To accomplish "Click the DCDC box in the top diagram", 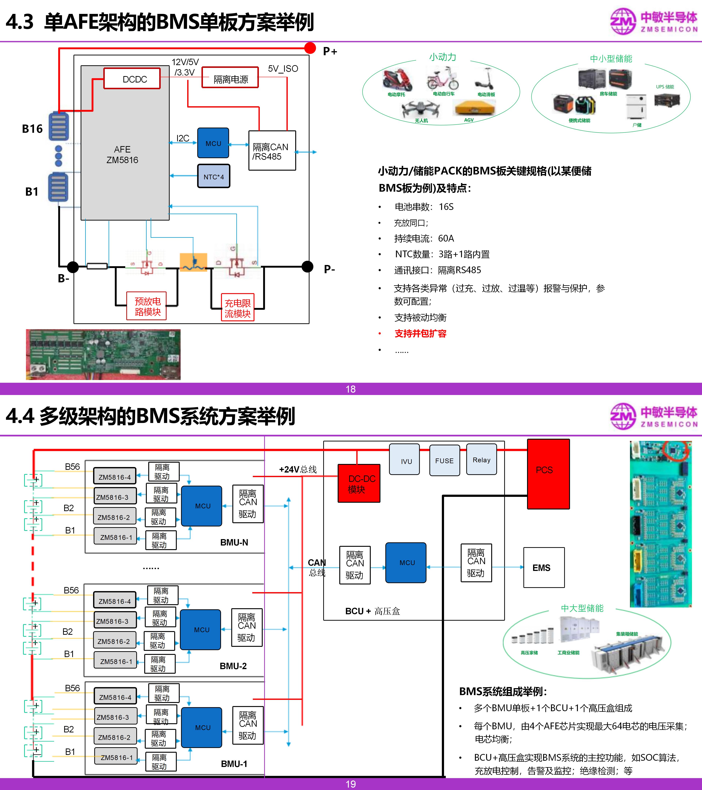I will [x=132, y=79].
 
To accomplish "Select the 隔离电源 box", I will [x=230, y=79].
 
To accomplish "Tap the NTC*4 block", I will [x=214, y=177].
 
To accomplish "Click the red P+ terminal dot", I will [x=310, y=48].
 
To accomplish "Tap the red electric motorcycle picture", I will [x=397, y=79].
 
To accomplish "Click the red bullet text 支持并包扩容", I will [x=420, y=334].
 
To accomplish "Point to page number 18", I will [x=350, y=389].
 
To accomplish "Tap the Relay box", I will [x=481, y=460].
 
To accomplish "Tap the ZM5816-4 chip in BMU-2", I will [x=115, y=601].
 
